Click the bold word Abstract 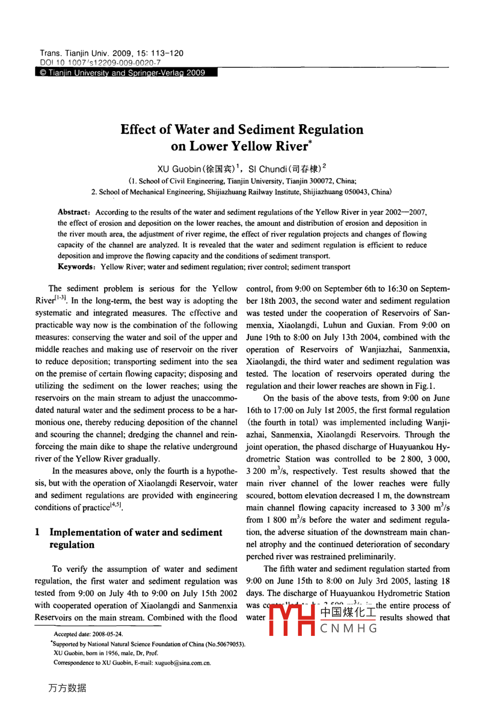tap(73, 212)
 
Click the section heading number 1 tap(37, 532)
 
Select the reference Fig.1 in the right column tap(425, 386)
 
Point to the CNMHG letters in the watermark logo tap(349, 628)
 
